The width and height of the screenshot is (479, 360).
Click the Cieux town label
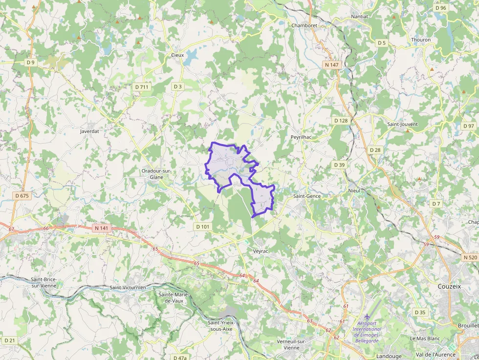[177, 55]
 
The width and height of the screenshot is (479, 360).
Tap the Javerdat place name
[89, 131]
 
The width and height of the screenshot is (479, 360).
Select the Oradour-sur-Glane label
[156, 174]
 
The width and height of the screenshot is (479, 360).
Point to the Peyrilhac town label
[301, 137]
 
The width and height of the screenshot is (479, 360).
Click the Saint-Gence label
[307, 196]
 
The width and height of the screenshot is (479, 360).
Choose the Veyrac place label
[261, 251]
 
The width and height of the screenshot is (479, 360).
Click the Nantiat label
[359, 17]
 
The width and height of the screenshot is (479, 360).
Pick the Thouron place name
[421, 40]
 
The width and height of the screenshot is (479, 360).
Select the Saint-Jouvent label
[402, 124]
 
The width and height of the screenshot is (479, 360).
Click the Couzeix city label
[449, 286]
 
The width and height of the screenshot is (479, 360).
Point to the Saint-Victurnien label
[128, 288]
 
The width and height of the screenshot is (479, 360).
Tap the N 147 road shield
[331, 64]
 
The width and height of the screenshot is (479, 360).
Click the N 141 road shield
[101, 228]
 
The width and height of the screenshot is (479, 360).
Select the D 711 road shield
[142, 87]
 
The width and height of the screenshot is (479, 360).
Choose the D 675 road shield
[22, 195]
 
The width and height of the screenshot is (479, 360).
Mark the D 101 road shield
[202, 227]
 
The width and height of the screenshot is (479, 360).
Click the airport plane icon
[368, 317]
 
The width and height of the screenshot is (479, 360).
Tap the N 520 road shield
[470, 257]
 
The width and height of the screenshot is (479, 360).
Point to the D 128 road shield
[341, 120]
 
